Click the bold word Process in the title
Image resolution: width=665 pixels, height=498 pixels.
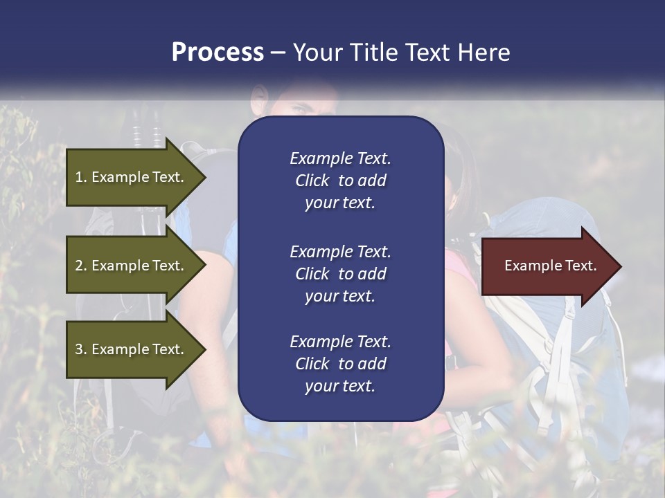218,53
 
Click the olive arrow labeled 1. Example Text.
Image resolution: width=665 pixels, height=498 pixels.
132,177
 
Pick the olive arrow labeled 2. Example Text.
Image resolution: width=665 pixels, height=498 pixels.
132,266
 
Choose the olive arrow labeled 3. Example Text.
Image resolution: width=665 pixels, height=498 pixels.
132,349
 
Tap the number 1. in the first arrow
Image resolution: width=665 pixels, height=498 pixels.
81,177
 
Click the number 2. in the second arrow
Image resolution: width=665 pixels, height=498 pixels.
81,266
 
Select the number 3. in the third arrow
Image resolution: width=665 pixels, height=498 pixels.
81,349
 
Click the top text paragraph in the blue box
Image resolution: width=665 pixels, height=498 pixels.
340,181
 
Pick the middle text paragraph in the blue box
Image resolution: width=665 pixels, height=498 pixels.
340,273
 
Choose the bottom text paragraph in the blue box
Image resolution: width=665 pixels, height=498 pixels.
340,364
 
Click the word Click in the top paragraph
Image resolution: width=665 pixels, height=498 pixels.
312,181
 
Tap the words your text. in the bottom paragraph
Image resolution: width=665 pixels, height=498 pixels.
340,386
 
